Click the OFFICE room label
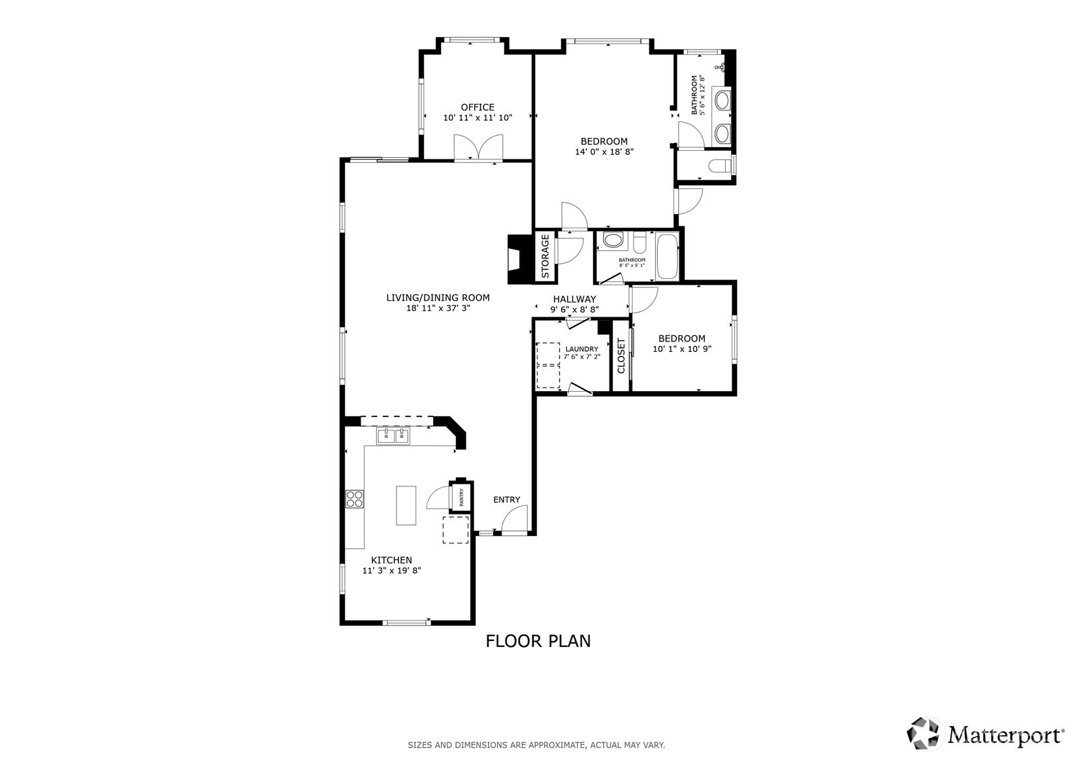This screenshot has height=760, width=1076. pyautogui.click(x=478, y=107)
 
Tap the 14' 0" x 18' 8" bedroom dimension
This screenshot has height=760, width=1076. pyautogui.click(x=604, y=152)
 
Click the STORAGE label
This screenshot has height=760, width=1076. pyautogui.click(x=545, y=257)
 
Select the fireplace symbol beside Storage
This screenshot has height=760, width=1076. pyautogui.click(x=517, y=259)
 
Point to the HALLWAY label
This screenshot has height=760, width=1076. pyautogui.click(x=574, y=299)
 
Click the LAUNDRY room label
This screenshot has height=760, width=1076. pyautogui.click(x=581, y=349)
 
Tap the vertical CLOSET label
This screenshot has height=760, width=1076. pyautogui.click(x=621, y=355)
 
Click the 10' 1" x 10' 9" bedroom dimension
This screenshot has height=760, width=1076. pyautogui.click(x=681, y=349)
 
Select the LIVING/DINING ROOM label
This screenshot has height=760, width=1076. pyautogui.click(x=438, y=298)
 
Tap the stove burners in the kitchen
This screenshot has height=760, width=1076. pyautogui.click(x=354, y=499)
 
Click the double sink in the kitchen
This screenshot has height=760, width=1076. pyautogui.click(x=393, y=435)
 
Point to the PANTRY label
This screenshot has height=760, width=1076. pyautogui.click(x=461, y=498)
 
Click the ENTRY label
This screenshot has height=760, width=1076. pyautogui.click(x=506, y=499)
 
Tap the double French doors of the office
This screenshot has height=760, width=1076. pyautogui.click(x=478, y=148)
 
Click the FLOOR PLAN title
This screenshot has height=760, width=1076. pyautogui.click(x=538, y=641)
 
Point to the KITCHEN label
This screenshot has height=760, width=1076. pyautogui.click(x=391, y=560)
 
